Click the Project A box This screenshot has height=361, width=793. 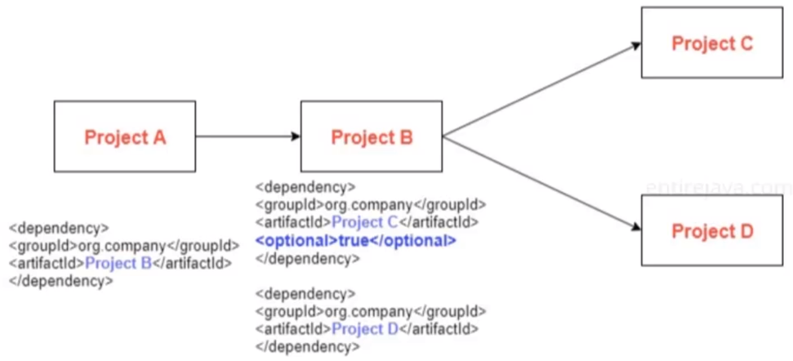[x=125, y=136]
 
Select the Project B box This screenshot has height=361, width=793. [x=372, y=136]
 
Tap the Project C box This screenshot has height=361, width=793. [x=711, y=43]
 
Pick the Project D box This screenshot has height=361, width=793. [x=711, y=230]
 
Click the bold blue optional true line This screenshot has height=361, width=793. [x=355, y=241]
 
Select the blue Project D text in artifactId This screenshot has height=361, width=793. [x=365, y=329]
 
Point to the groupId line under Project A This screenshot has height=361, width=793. [x=123, y=245]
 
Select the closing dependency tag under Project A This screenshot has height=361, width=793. [x=61, y=281]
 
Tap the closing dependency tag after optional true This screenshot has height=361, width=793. [x=307, y=259]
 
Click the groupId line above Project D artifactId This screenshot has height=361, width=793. [x=371, y=311]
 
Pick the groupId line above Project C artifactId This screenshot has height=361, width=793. [x=371, y=204]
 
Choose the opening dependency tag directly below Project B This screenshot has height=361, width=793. [x=305, y=186]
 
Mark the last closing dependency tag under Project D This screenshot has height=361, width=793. [x=307, y=347]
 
